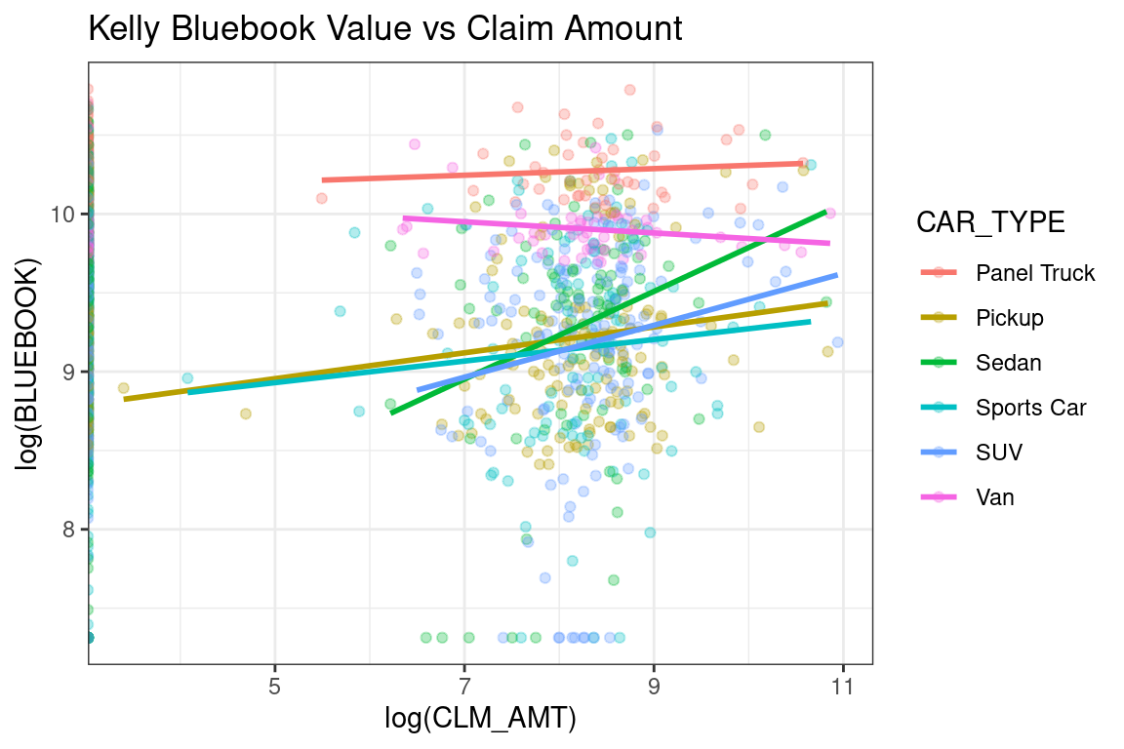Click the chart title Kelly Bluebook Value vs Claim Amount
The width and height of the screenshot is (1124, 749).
384,29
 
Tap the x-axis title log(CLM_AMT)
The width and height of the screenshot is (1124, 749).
479,720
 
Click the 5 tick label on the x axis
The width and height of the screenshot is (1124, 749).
274,686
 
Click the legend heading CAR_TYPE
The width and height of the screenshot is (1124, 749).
989,222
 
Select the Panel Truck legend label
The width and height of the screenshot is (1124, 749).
1035,273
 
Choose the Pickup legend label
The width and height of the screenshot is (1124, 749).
1009,318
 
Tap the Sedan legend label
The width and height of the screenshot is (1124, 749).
1008,363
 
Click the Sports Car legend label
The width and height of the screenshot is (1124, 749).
1030,408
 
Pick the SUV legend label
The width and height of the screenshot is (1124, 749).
999,453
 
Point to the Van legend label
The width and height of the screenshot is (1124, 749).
994,497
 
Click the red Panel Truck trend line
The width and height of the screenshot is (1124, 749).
561,172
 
